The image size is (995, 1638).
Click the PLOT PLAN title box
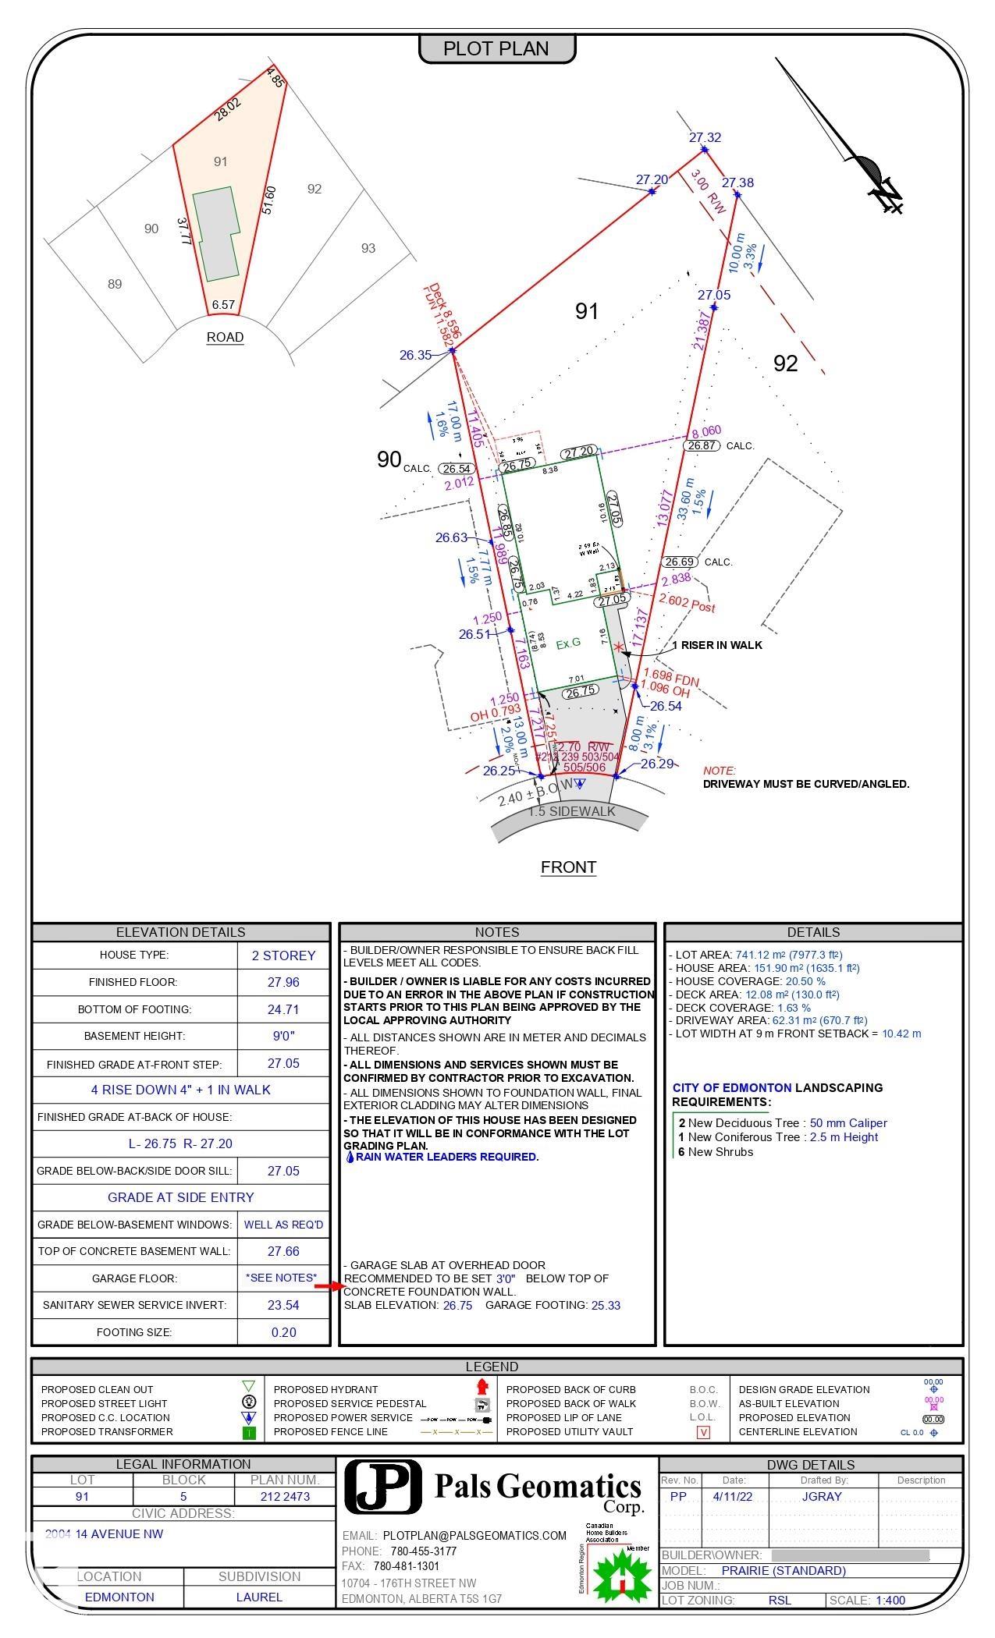coord(497,48)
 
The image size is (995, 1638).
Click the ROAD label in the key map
coord(225,337)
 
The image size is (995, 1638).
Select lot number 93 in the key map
coord(368,248)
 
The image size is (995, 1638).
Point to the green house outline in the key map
coord(215,233)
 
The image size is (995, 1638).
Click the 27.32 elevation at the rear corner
coord(705,137)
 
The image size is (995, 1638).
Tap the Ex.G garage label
coord(568,643)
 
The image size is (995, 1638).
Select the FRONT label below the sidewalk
coord(568,867)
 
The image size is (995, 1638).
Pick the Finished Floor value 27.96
coord(283,982)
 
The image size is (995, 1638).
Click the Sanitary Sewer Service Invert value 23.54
coord(283,1305)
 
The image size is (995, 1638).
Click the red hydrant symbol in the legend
coord(482,1386)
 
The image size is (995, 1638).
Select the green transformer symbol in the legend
coord(249,1432)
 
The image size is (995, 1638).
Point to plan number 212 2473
coord(285,1497)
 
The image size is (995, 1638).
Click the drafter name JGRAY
coord(822,1497)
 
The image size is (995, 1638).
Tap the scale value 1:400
coord(890,1600)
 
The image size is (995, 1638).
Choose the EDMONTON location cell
coord(119,1597)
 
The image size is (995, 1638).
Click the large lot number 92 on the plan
coord(785,363)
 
